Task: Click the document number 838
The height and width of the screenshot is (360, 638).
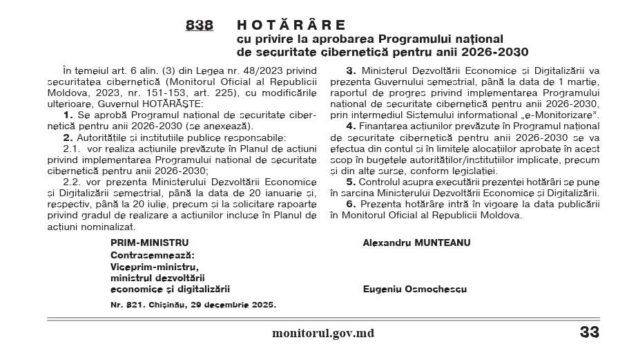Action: pos(199,26)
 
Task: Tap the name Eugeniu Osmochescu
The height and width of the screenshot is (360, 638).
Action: pos(414,290)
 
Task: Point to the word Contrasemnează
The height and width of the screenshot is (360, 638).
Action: pos(153,255)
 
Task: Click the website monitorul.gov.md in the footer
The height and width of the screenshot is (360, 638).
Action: pos(323,333)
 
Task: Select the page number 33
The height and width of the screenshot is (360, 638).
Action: pos(589,332)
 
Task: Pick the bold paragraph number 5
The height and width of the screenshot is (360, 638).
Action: pos(350,182)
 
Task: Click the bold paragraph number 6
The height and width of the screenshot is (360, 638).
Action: pos(350,205)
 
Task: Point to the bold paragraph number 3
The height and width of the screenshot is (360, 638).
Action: pos(350,70)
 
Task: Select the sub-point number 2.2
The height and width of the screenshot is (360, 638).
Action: pos(72,181)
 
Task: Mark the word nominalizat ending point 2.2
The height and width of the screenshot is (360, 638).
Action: pos(107,227)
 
